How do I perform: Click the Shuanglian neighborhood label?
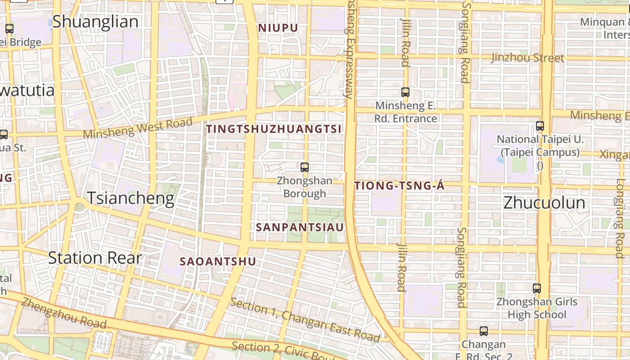95,22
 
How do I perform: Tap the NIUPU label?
278,28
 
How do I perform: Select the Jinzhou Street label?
527,58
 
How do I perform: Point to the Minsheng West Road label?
138,128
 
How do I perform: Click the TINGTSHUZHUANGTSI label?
274,129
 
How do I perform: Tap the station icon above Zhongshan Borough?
305,167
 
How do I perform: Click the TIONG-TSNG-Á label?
400,186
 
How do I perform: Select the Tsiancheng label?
130,198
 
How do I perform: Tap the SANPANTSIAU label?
300,227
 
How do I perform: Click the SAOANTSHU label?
218,261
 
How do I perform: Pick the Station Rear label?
95,258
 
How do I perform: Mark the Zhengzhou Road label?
63,313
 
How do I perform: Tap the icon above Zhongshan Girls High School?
536,288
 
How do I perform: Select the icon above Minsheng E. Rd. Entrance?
405,92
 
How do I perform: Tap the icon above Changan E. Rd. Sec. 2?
484,331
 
